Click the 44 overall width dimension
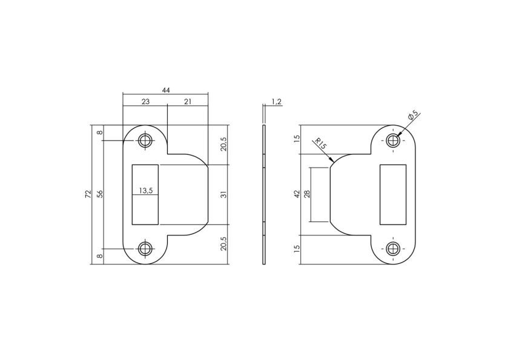coord(165,90)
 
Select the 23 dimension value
coord(145,102)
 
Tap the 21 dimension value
coord(187,102)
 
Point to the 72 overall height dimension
coord(88,194)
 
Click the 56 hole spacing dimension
coord(101,194)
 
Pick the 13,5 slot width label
coord(146,190)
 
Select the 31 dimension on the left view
coord(223,194)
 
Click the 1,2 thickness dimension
coord(277,102)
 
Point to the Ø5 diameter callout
coord(414,115)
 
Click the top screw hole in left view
coord(145,140)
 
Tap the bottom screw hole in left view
coord(145,248)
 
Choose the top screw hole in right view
coord(393,140)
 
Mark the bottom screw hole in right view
coord(393,248)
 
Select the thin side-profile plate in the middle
coord(264,194)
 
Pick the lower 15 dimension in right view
coord(297,248)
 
